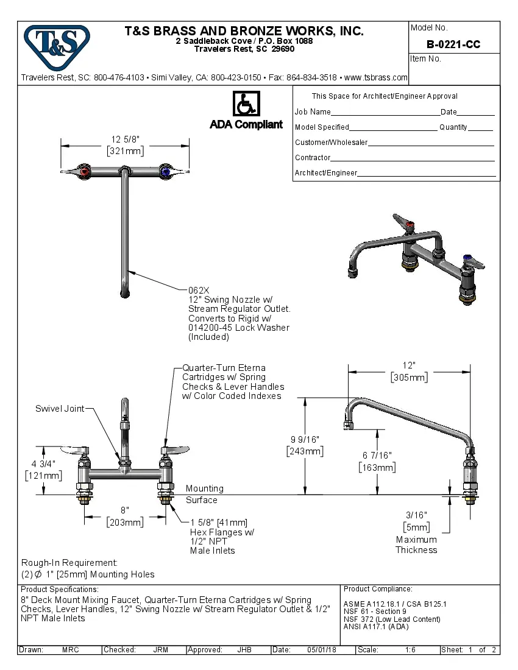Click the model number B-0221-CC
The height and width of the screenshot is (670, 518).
pos(453,44)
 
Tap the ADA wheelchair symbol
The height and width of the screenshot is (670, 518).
pos(246,104)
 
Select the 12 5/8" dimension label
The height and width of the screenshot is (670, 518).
pos(125,139)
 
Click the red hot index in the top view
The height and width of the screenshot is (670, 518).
pos(84,173)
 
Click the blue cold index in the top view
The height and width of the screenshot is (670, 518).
pos(165,173)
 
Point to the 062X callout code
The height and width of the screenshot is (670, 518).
pos(199,291)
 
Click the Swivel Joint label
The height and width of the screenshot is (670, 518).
pos(59,409)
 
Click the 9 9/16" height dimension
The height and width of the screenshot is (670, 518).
pos(305,440)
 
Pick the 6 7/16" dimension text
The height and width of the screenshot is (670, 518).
pos(377,456)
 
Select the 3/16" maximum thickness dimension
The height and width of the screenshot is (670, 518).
pos(416,515)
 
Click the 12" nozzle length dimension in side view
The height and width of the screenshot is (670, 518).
pos(409,365)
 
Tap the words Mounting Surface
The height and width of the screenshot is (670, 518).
pos(202,494)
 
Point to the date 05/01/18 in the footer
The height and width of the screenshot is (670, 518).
pos(322,650)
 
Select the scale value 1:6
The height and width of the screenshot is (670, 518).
pos(411,650)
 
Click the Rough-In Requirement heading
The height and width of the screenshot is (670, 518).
pos(69,563)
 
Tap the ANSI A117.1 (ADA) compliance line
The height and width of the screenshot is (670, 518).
pos(376,627)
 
